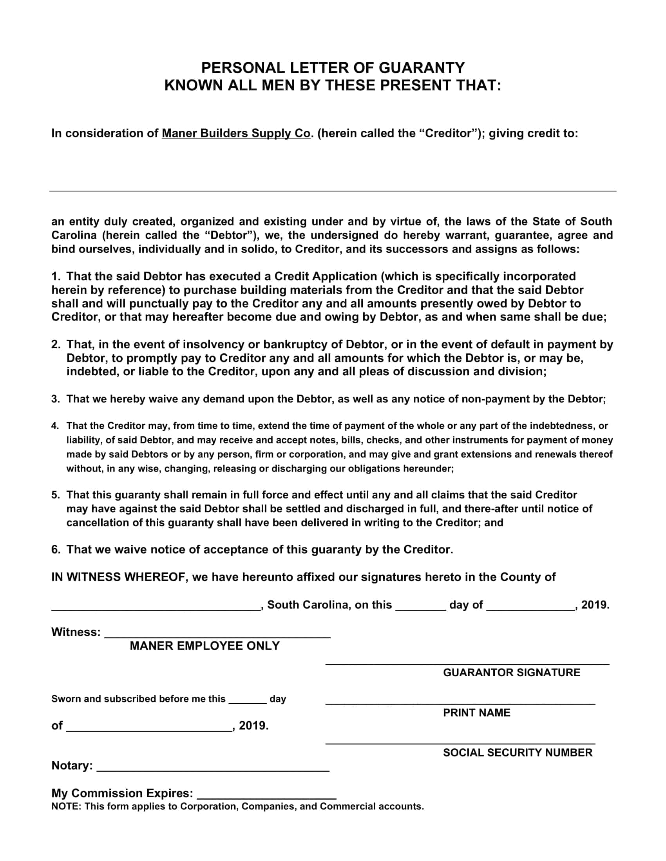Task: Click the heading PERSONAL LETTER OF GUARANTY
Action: pos(333,68)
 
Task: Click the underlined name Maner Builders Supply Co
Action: pos(236,133)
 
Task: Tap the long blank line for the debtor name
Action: pos(333,191)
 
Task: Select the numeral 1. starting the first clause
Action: pos(56,276)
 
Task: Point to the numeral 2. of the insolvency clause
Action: pos(56,344)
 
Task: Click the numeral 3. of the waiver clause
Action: pos(56,399)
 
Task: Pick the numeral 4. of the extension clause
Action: pos(55,426)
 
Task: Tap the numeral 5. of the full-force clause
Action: pos(56,495)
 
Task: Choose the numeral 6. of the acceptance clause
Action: pos(56,549)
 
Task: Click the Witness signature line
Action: pos(217,637)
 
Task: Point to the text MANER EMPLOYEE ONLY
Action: pos(205,646)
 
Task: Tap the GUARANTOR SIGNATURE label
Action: pos(511,672)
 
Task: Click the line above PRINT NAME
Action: pos(460,704)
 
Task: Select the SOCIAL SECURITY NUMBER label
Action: pos(518,753)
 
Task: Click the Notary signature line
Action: pos(213,770)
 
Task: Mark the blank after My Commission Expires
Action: pos(266,798)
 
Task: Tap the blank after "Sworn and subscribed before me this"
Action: pos(247,703)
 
